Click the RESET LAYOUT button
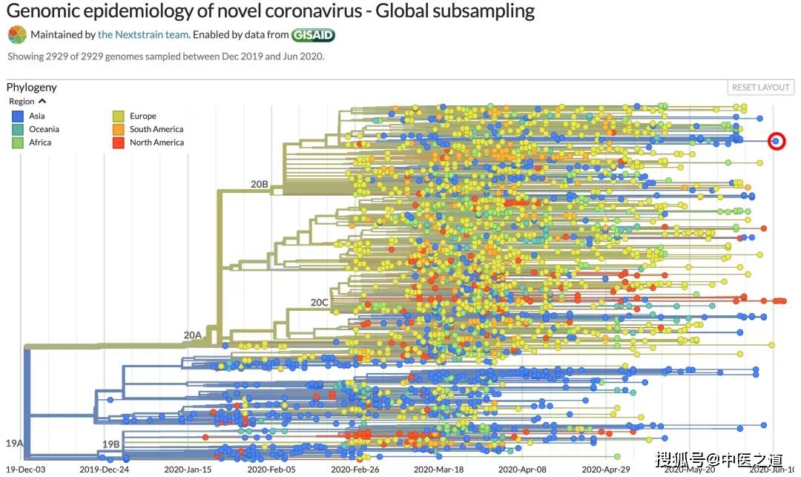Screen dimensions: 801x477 (x=761, y=88)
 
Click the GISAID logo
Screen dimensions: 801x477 (x=313, y=35)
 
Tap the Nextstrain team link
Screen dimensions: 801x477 (x=143, y=35)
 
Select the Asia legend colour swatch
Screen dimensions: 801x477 (x=17, y=116)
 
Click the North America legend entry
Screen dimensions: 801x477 (x=148, y=142)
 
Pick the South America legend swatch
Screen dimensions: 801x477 (x=119, y=129)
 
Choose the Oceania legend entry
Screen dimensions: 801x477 (x=36, y=129)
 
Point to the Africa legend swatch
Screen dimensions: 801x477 (x=17, y=142)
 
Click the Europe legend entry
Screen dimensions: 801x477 (x=134, y=116)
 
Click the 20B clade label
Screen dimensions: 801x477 (x=259, y=185)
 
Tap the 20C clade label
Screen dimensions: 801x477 (x=319, y=303)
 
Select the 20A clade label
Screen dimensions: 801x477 (x=193, y=335)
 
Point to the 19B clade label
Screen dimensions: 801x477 (x=111, y=444)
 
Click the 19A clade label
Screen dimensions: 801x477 (x=14, y=444)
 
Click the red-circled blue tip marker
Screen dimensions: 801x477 (x=776, y=142)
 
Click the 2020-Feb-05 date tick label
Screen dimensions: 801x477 (x=271, y=470)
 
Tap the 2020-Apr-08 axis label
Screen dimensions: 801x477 (x=522, y=470)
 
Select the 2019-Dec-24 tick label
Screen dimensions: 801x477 (x=105, y=470)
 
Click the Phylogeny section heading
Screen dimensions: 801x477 (x=32, y=88)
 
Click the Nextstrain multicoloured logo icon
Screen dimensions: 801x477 (x=17, y=35)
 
